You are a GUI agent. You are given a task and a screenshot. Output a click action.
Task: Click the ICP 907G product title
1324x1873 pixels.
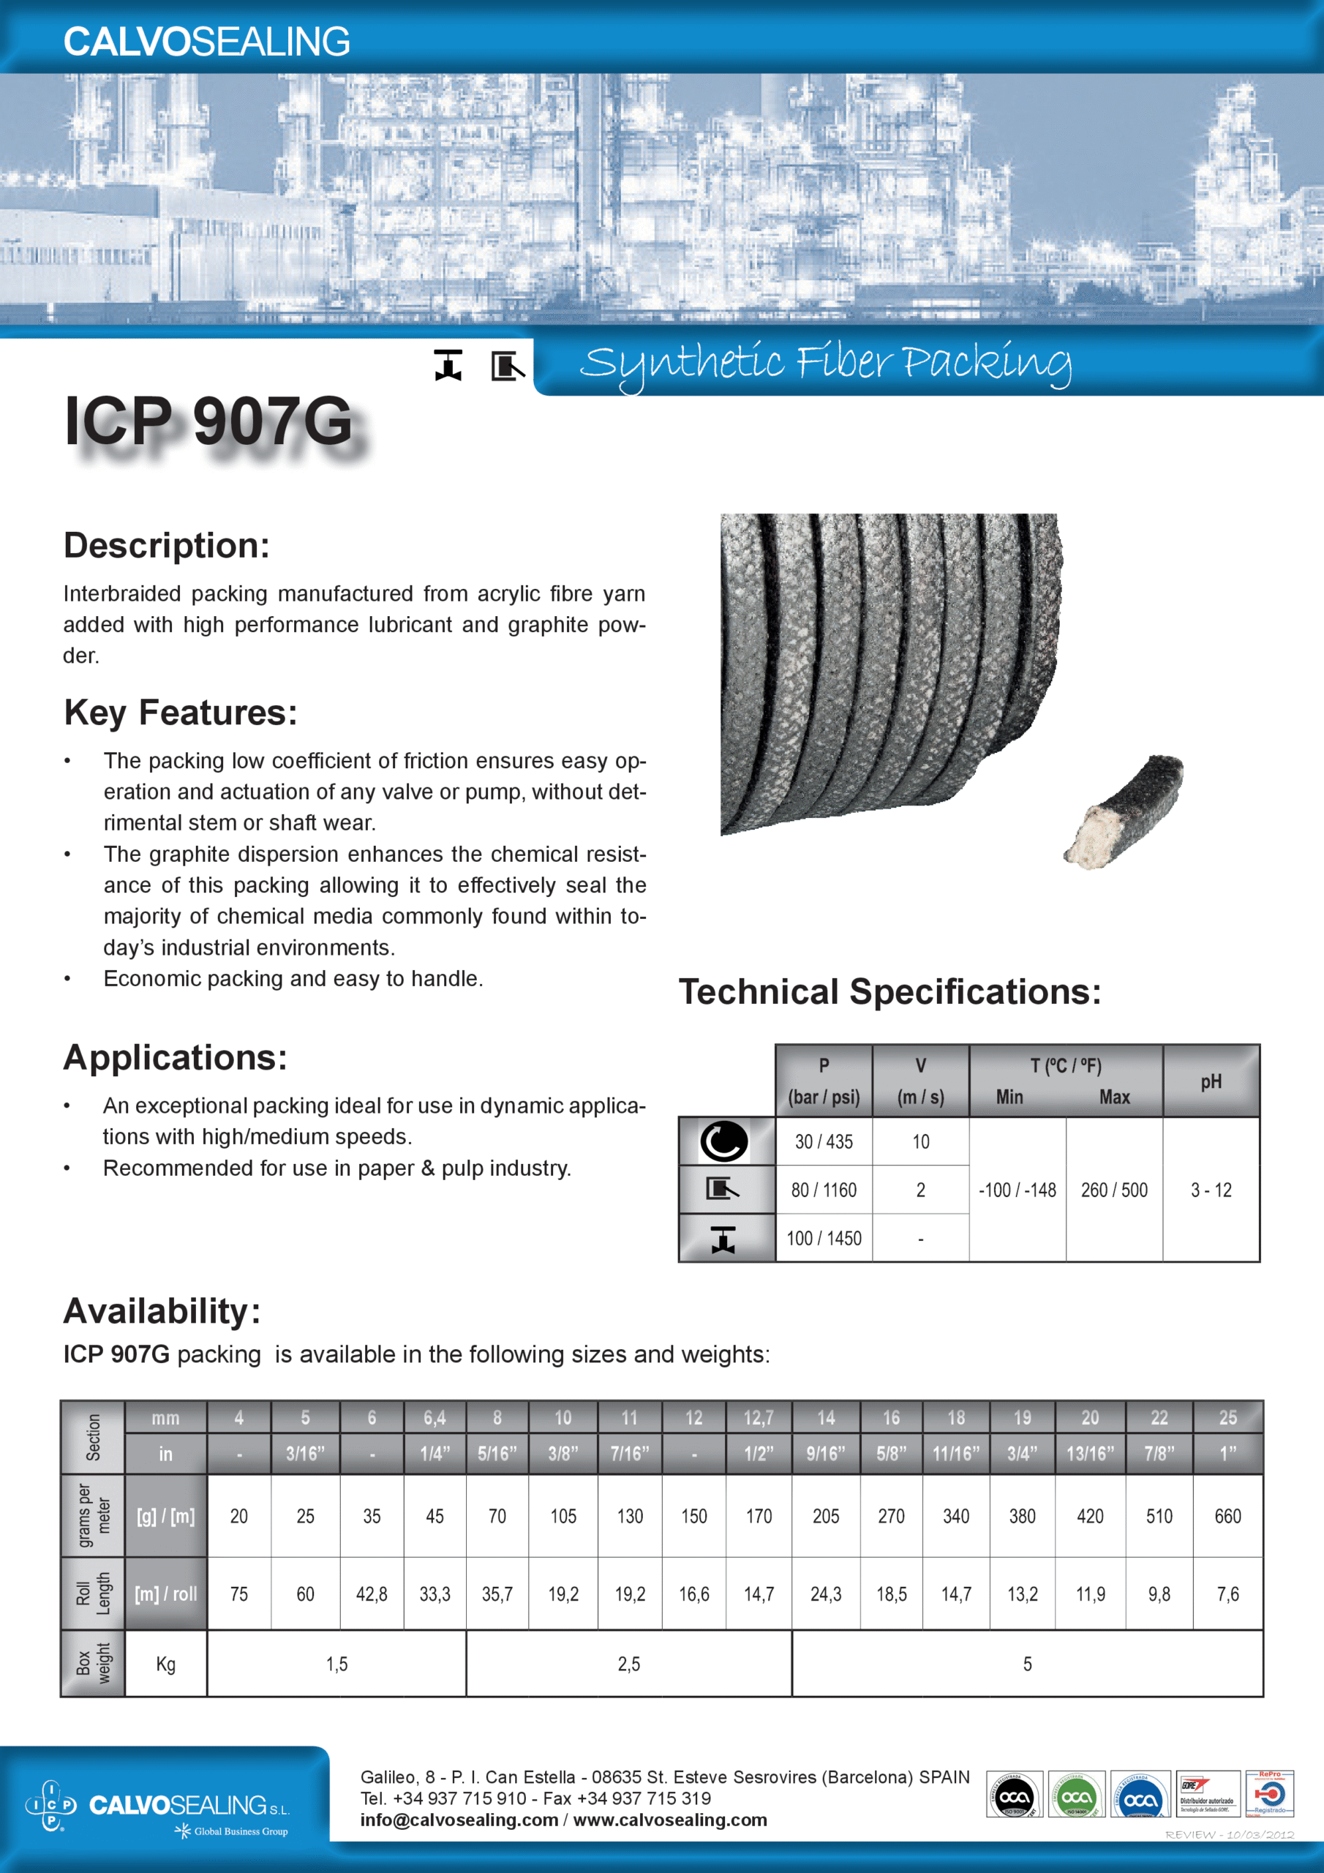click(208, 421)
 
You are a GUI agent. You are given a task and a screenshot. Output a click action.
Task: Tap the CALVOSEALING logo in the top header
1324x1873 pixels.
click(206, 42)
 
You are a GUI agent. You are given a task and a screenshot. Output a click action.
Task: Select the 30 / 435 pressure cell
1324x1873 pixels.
click(823, 1141)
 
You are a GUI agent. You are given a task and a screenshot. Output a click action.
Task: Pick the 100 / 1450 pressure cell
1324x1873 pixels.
click(823, 1239)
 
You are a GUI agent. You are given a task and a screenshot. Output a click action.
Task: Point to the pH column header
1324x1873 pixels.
click(1211, 1081)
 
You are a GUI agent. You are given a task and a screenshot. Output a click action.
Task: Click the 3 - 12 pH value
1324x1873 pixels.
click(1211, 1190)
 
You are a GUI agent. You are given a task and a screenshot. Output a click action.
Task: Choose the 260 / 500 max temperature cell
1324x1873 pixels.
click(1113, 1190)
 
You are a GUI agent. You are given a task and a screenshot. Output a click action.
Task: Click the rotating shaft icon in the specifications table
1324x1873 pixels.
click(723, 1141)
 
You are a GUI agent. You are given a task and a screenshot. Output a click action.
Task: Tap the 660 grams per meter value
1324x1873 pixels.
click(1227, 1517)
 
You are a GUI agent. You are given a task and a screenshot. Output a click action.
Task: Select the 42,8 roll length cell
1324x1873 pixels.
click(371, 1594)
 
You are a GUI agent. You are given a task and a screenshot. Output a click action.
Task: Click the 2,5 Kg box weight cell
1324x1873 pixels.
click(628, 1664)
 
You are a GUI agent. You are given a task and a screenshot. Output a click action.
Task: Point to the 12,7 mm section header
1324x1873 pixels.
click(758, 1419)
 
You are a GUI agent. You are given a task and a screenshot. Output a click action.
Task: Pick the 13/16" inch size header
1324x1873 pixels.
click(1090, 1455)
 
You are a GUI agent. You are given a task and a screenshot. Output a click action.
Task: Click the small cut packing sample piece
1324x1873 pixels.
click(1124, 811)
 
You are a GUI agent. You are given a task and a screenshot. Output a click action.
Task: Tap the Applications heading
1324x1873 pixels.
click(176, 1058)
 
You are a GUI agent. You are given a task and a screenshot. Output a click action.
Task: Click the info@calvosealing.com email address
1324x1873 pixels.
click(459, 1820)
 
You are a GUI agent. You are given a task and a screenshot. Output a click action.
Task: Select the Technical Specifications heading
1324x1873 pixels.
click(889, 992)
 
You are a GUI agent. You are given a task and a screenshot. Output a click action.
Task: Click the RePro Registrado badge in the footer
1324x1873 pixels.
click(1268, 1793)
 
